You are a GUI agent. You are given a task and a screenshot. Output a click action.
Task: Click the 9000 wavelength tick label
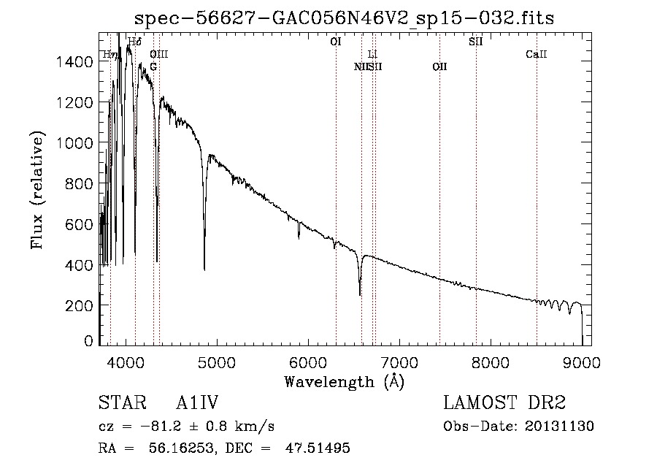(582, 362)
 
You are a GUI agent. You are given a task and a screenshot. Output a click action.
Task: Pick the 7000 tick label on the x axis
(399, 362)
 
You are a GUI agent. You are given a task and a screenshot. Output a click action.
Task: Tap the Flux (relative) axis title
(36, 190)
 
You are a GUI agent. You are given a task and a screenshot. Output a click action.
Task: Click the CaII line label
(537, 54)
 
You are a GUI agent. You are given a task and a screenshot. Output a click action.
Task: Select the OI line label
(336, 42)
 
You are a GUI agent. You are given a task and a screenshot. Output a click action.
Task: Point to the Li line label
(372, 54)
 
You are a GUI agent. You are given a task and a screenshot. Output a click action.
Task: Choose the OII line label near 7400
(439, 66)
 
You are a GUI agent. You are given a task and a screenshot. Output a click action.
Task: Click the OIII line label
(159, 54)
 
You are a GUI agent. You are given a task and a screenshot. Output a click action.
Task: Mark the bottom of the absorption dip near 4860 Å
(204, 270)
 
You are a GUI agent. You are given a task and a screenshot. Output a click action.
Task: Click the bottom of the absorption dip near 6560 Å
(360, 294)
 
